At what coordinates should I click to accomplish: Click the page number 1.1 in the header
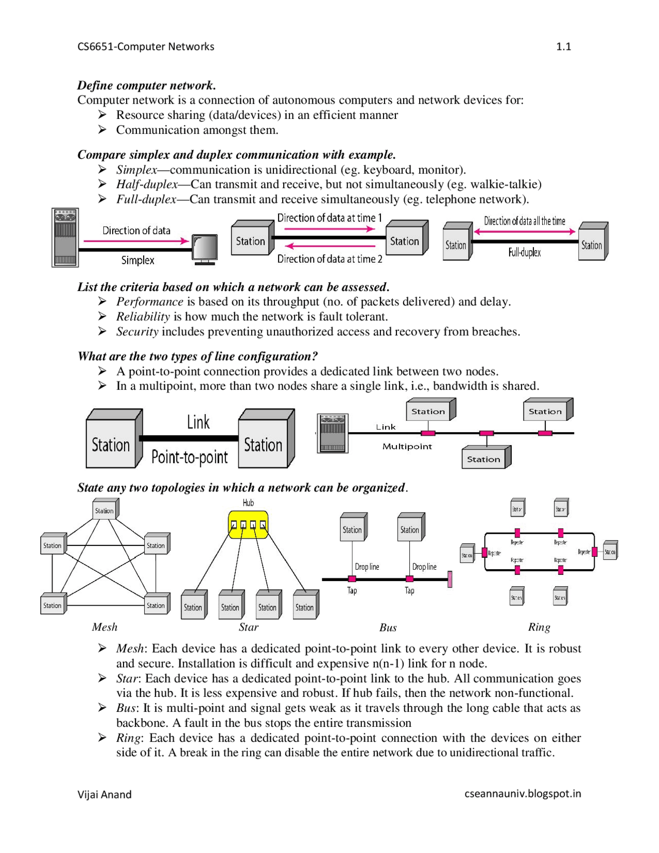pos(563,46)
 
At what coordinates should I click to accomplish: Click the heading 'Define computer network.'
pos(146,85)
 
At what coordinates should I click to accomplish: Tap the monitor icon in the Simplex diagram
pos(204,248)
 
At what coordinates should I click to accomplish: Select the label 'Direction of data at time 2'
pos(329,259)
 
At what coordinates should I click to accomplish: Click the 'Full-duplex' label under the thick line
pos(524,252)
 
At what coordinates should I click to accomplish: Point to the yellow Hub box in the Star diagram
pos(248,524)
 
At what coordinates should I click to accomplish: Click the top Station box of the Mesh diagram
pos(105,510)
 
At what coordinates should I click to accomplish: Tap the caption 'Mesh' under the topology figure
pos(105,627)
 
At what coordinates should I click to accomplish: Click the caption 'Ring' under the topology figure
pos(539,627)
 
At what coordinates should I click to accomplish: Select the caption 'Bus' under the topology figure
pos(388,627)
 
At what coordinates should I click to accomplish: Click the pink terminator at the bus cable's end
pos(450,579)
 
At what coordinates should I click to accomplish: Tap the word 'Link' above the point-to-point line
pos(198,422)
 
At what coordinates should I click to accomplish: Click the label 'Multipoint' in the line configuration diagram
pos(407,447)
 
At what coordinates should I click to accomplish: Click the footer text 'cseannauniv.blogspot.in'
pos(523,794)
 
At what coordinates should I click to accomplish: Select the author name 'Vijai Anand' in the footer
pos(105,794)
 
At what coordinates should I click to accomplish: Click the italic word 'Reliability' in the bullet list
pos(143,316)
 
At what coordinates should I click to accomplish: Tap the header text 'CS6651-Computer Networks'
pos(146,46)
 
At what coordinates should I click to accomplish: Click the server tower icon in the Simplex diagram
pos(65,237)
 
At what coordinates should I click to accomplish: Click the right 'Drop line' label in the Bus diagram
pos(424,567)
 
